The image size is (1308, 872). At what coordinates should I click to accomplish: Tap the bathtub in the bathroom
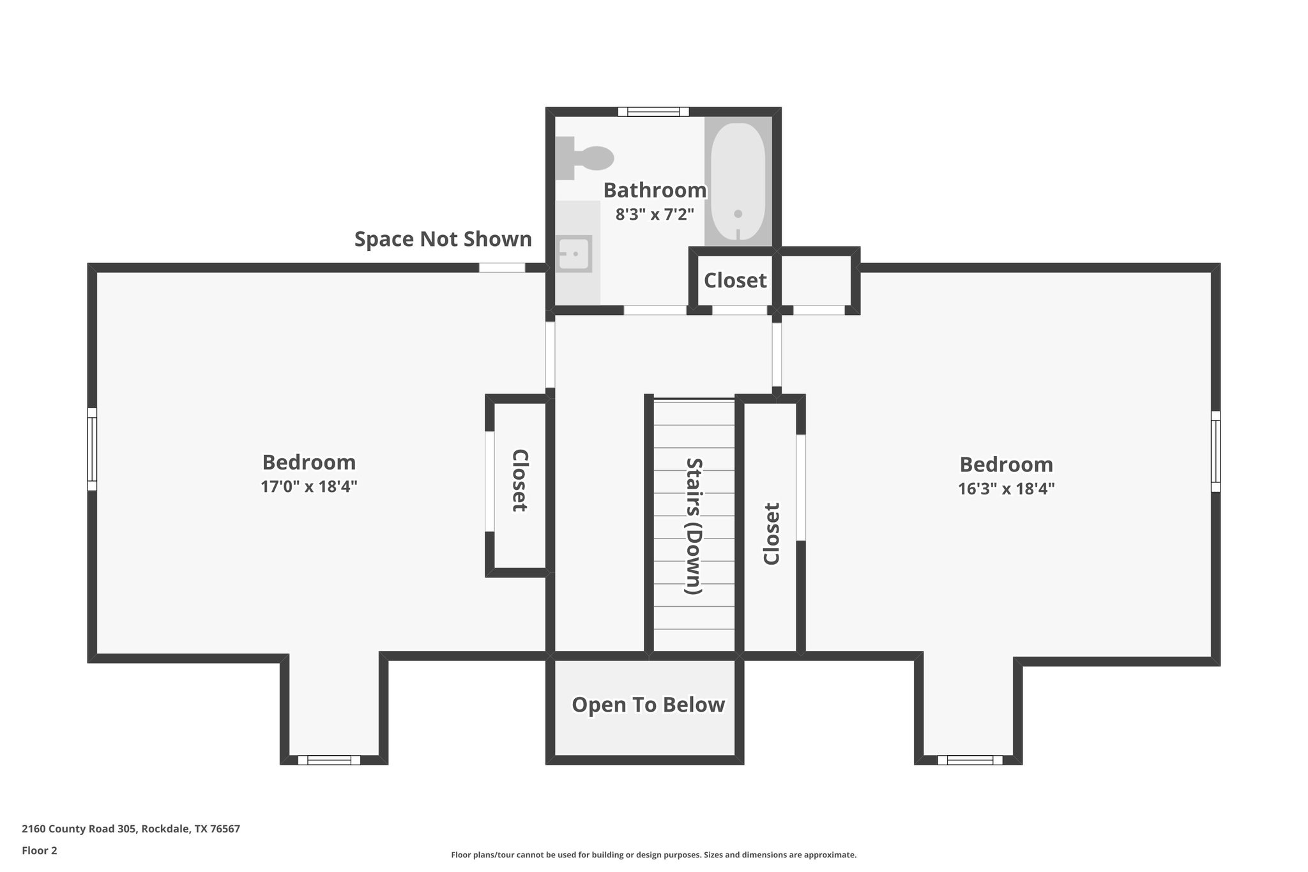click(x=738, y=182)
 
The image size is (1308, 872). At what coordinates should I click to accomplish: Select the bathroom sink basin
click(x=574, y=254)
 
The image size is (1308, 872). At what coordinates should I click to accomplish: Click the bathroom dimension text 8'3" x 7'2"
click(x=655, y=214)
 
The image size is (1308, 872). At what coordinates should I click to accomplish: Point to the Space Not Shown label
click(x=443, y=239)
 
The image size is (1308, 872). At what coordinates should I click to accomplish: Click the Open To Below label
click(x=648, y=705)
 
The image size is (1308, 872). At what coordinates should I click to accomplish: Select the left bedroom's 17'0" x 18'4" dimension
click(x=308, y=487)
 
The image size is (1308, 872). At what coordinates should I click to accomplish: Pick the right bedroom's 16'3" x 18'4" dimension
click(x=1006, y=489)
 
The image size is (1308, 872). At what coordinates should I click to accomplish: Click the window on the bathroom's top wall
click(x=653, y=112)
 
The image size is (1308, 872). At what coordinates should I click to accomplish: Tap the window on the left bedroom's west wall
click(x=92, y=449)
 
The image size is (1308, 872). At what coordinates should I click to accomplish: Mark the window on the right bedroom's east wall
click(x=1215, y=451)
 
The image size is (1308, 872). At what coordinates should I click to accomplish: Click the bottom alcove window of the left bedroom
click(x=329, y=760)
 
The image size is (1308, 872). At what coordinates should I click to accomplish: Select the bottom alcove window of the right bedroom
click(x=970, y=760)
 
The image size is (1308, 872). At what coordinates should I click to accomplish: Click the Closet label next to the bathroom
click(x=735, y=280)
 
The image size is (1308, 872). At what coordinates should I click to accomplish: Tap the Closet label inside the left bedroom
click(x=520, y=480)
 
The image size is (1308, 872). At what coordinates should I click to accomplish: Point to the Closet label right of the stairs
click(x=772, y=534)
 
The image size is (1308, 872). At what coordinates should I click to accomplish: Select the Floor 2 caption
click(x=40, y=850)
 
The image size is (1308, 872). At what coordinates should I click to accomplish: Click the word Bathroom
click(x=655, y=190)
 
